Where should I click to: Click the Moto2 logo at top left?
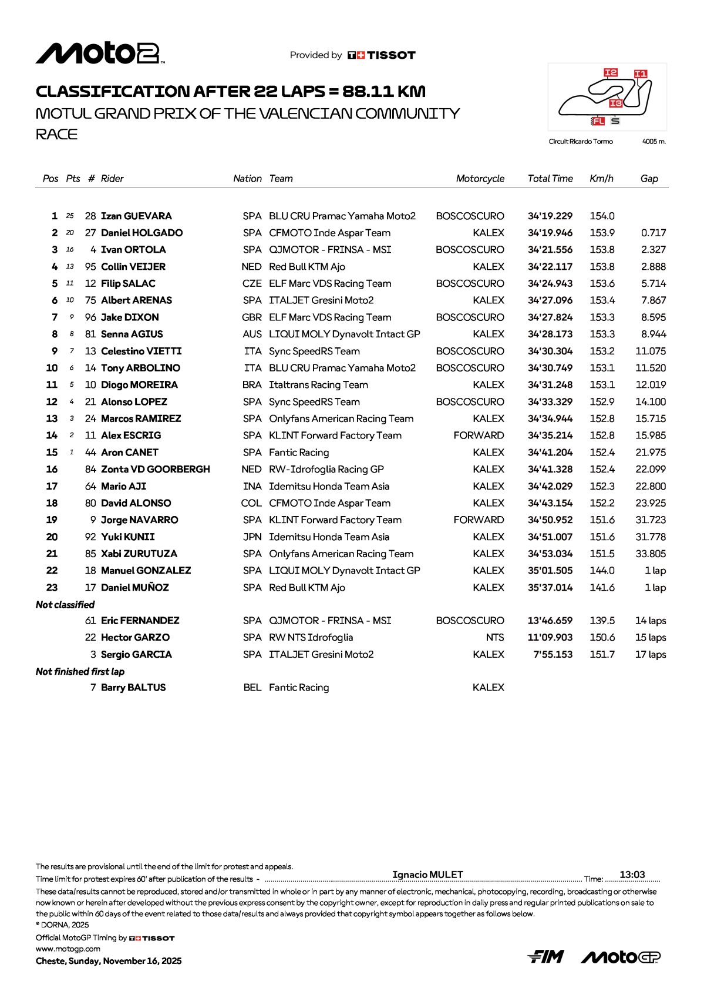pyautogui.click(x=100, y=53)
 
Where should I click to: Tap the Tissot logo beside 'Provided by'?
pyautogui.click(x=382, y=55)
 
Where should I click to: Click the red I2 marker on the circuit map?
pyautogui.click(x=611, y=73)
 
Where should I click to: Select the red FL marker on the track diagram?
pyautogui.click(x=598, y=121)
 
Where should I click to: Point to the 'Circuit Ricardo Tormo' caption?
pyautogui.click(x=581, y=142)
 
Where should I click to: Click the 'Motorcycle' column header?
pyautogui.click(x=480, y=179)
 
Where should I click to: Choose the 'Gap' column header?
pyautogui.click(x=649, y=179)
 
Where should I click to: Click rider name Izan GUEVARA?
pyautogui.click(x=136, y=216)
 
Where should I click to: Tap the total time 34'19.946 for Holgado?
pyautogui.click(x=550, y=233)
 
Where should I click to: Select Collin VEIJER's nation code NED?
pyautogui.click(x=251, y=267)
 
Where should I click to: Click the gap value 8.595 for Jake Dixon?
pyautogui.click(x=653, y=317)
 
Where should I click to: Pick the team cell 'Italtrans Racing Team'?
pyautogui.click(x=318, y=385)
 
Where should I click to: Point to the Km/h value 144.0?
pyautogui.click(x=602, y=571)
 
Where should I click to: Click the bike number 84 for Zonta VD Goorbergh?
pyautogui.click(x=90, y=470)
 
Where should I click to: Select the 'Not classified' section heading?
pyautogui.click(x=65, y=605)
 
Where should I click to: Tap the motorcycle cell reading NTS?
pyautogui.click(x=494, y=638)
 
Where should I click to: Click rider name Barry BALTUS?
pyautogui.click(x=133, y=688)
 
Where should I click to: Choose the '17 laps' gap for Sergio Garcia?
pyautogui.click(x=650, y=655)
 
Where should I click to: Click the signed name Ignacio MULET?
pyautogui.click(x=427, y=875)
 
